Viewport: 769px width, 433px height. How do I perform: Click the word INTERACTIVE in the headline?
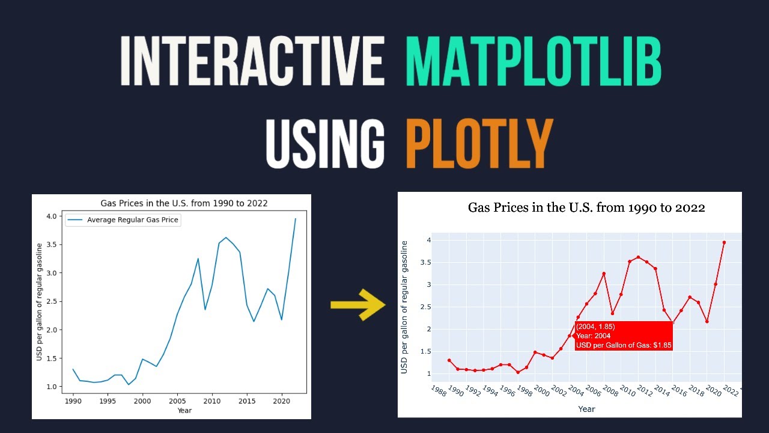[252, 62]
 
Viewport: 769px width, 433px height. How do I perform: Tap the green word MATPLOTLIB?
[533, 62]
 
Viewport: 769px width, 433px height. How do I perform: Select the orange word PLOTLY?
[479, 143]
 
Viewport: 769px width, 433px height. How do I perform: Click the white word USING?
[325, 143]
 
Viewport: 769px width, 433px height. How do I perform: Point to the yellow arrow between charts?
[357, 304]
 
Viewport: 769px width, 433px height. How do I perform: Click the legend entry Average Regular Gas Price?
[133, 220]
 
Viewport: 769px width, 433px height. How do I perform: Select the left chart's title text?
[185, 203]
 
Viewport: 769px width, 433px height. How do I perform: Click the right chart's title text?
[586, 208]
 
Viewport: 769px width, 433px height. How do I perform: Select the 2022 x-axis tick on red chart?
[730, 391]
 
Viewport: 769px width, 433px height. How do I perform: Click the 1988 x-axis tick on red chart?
[439, 391]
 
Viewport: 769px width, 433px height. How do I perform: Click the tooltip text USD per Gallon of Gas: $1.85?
[623, 345]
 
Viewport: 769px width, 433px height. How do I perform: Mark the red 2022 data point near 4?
[724, 242]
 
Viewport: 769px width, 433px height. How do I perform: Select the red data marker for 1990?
[449, 360]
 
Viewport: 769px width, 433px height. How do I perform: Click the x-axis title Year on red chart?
[586, 409]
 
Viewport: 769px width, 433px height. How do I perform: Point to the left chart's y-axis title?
[40, 302]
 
